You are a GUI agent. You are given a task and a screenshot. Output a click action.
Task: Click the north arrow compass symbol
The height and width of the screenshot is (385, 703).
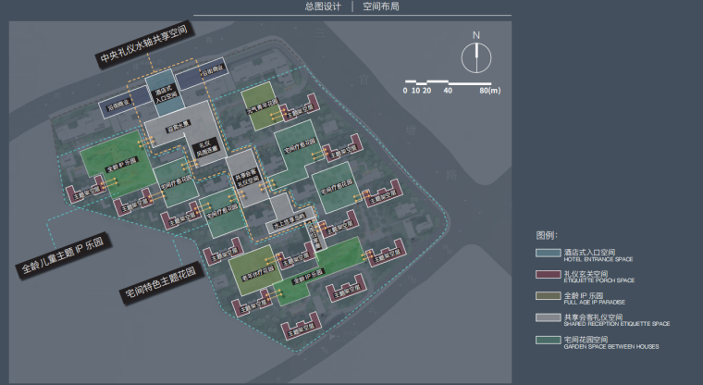click(476, 58)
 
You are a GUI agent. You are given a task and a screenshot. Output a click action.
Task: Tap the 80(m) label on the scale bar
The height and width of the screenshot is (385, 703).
click(489, 90)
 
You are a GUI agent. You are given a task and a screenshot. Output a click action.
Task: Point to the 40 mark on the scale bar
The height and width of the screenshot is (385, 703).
click(448, 90)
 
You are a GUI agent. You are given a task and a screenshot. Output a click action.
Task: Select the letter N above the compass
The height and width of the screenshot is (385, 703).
click(476, 35)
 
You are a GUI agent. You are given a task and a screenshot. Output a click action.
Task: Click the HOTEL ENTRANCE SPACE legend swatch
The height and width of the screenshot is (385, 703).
click(548, 252)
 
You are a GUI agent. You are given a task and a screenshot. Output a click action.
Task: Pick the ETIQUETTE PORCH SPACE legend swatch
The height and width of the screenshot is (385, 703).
click(548, 274)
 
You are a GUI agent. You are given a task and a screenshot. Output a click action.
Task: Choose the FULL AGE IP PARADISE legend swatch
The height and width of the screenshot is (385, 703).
click(548, 296)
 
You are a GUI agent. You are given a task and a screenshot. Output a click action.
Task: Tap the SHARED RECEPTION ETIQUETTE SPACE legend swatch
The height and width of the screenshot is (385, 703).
click(548, 318)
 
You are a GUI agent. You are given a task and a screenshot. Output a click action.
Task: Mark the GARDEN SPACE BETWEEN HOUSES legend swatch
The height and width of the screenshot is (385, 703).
click(548, 341)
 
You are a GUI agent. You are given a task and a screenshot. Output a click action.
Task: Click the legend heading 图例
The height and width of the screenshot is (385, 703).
click(547, 235)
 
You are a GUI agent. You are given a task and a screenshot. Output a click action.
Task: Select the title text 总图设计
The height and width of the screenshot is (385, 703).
click(322, 6)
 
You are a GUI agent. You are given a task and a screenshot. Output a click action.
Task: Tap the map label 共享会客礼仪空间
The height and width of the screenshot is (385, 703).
click(245, 178)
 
